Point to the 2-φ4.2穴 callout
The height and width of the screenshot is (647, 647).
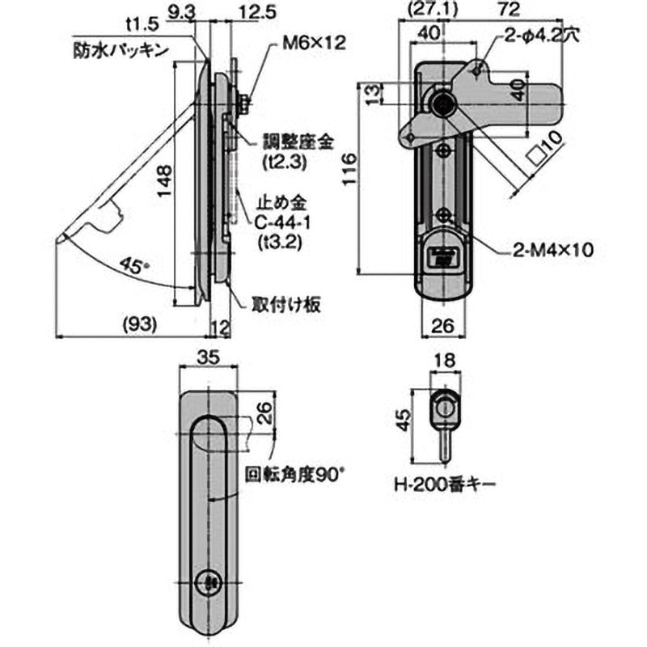click(543, 36)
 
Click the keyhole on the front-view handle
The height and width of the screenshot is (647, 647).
click(209, 581)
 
